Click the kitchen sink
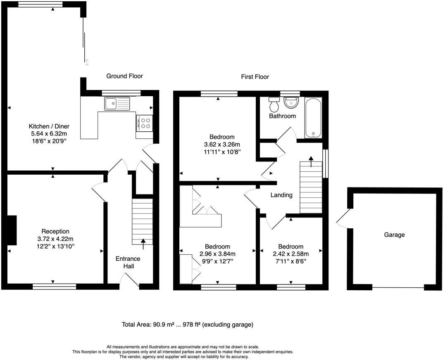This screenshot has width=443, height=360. tap(117, 103)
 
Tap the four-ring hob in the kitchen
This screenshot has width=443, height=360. tap(145, 123)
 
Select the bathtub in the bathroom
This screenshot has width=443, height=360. tap(313, 118)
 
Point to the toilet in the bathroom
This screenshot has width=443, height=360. tap(274, 105)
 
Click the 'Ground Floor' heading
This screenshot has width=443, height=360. tap(124, 76)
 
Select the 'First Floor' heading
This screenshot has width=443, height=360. tap(255, 77)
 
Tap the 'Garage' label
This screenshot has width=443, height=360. tap(394, 235)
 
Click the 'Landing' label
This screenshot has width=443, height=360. tap(281, 195)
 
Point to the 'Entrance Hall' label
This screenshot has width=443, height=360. tap(128, 263)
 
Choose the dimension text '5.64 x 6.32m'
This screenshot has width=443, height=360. tap(48, 134)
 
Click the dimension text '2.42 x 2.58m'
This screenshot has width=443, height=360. tap(291, 254)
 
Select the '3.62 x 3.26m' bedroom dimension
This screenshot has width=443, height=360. tap(221, 144)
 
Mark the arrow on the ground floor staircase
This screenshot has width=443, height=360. tap(143, 244)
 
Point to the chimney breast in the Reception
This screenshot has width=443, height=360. tap(12, 230)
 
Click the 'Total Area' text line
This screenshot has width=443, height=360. tap(187, 325)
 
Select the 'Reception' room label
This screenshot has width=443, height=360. tap(55, 231)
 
